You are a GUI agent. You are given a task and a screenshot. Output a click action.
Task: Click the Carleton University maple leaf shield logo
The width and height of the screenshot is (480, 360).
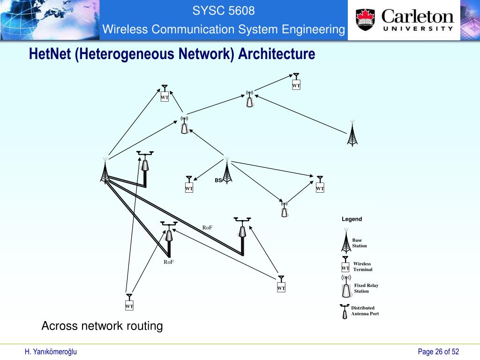tap(366, 19)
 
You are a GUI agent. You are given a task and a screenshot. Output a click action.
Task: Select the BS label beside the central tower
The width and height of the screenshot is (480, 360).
tap(218, 180)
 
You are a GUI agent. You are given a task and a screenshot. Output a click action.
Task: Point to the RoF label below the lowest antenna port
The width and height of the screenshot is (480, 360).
tap(169, 262)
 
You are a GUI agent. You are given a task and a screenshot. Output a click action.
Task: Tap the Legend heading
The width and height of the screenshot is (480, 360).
tap(352, 219)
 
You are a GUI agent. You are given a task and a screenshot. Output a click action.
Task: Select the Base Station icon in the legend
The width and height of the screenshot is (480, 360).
tap(345, 241)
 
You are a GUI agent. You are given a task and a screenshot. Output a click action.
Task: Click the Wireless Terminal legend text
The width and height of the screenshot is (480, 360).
tap(362, 266)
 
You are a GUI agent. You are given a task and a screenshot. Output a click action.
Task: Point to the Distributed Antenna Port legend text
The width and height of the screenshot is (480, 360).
tap(365, 311)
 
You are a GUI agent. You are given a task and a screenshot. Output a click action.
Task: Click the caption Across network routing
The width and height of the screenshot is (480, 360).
tap(102, 326)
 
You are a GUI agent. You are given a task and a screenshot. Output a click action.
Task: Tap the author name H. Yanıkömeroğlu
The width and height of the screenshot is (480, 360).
tap(51, 352)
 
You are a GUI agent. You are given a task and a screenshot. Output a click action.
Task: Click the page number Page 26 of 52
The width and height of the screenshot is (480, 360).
tap(438, 352)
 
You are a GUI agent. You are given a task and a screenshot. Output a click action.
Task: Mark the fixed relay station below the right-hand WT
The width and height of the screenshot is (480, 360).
tap(284, 209)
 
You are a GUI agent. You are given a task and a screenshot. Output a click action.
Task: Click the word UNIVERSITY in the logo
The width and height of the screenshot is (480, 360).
tap(418, 28)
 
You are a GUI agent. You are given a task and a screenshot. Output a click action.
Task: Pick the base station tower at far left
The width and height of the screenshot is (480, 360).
tap(105, 171)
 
